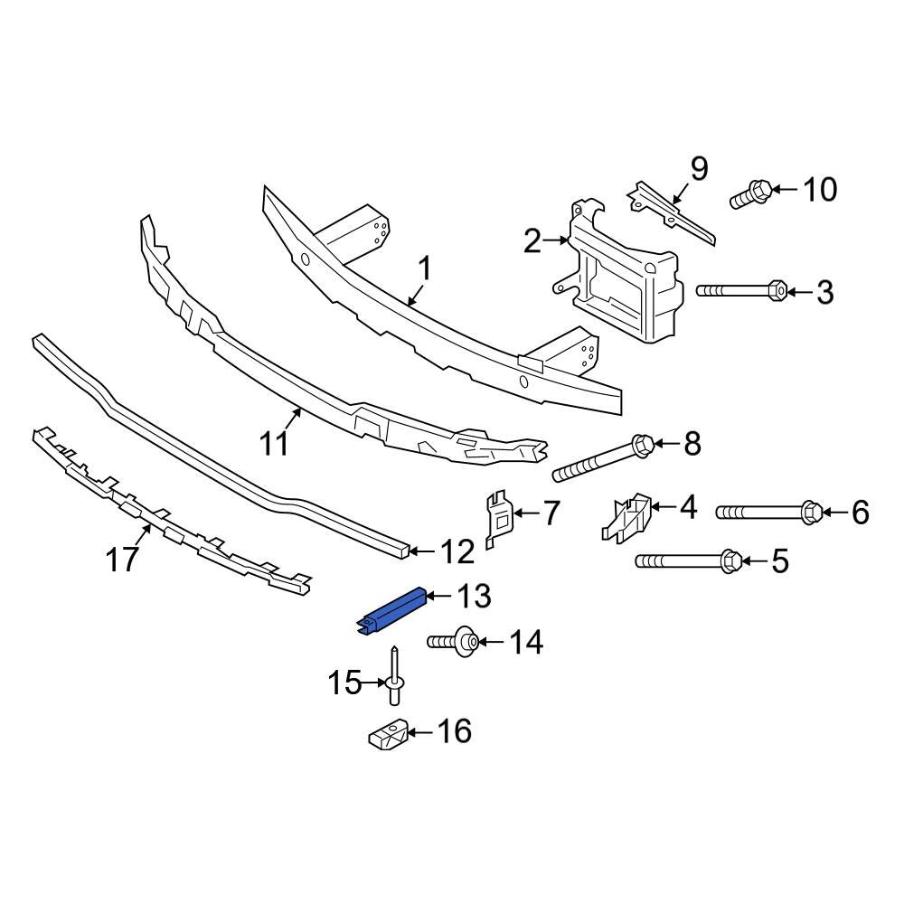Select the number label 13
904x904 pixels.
coord(473,596)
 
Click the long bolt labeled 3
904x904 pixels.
coord(737,291)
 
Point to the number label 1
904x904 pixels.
coord(423,269)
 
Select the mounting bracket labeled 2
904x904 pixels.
coord(624,280)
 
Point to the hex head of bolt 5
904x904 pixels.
coord(733,561)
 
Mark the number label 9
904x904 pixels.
coord(699,168)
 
